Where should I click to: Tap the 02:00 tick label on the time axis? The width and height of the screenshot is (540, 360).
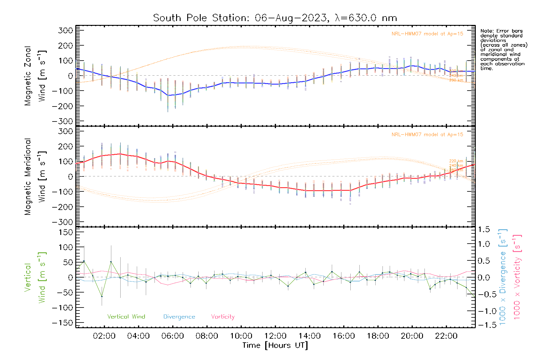click(104, 336)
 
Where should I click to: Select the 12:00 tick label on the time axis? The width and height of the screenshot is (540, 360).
click(275, 336)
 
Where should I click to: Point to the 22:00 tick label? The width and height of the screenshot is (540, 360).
click(446, 336)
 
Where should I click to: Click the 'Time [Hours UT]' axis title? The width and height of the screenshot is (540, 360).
click(275, 345)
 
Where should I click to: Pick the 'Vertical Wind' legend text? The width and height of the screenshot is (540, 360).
click(126, 316)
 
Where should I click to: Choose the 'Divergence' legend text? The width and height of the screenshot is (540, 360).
click(179, 317)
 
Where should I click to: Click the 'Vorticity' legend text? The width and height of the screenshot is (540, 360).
click(223, 316)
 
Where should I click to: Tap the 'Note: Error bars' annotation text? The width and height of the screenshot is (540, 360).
click(501, 31)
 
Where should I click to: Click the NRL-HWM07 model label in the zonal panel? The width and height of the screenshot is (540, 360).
click(427, 34)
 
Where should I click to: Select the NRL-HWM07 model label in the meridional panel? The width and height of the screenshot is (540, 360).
click(427, 135)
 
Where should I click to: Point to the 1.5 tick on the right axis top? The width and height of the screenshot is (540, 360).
click(484, 229)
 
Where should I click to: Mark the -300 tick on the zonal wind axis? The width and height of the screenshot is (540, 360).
click(62, 121)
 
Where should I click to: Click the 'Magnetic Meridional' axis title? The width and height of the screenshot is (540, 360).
click(28, 177)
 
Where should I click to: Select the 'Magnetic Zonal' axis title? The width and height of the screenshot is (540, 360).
click(28, 76)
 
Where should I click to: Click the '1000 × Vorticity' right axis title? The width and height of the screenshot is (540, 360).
click(517, 277)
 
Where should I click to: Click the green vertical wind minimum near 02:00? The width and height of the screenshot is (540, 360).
click(102, 296)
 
